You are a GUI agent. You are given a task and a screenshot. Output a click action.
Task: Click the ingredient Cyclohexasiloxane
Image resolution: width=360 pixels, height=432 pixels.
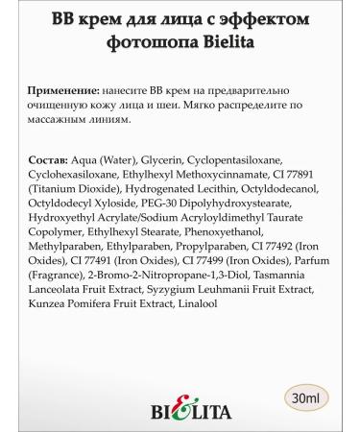(78, 173)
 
